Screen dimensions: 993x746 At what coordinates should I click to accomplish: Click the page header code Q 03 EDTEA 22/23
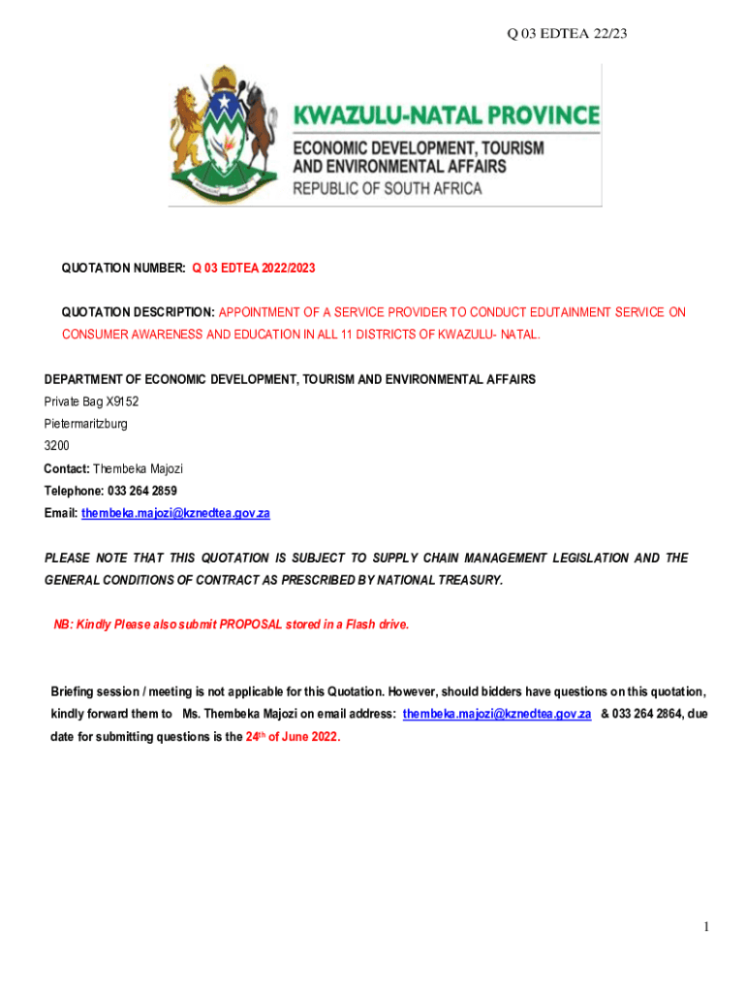(568, 35)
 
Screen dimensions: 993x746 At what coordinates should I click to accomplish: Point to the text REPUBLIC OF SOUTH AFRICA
(388, 188)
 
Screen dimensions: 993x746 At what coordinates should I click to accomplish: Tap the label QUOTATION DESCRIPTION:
(139, 312)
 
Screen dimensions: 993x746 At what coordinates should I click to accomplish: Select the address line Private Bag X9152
(84, 401)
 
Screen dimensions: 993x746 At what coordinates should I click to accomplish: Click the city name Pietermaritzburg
(85, 424)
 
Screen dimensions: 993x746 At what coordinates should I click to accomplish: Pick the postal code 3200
(56, 446)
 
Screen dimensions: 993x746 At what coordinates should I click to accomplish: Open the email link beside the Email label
(175, 513)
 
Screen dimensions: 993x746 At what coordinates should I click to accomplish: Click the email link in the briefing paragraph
(496, 714)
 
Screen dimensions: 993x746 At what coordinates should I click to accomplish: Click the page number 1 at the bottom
(707, 927)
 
